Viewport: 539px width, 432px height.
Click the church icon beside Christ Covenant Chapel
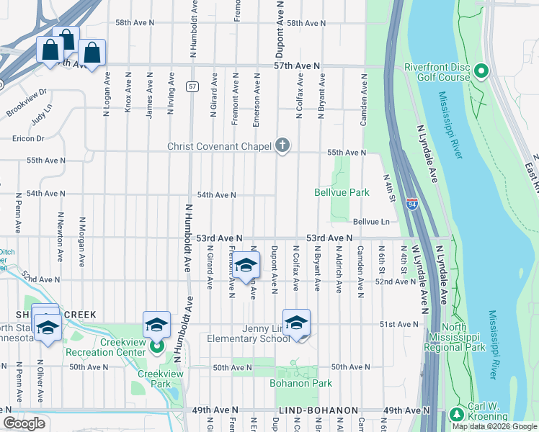tap(282, 146)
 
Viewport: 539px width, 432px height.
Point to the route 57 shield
tap(192, 86)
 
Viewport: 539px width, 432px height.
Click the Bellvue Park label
tap(342, 192)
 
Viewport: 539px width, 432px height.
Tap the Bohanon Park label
tap(300, 383)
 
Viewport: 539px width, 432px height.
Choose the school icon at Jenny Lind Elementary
tap(296, 324)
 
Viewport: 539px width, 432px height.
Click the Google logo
tap(24, 423)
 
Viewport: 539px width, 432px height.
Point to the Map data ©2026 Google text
tap(494, 426)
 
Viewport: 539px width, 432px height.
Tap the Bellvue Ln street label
tap(370, 222)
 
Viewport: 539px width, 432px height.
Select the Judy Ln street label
tap(43, 115)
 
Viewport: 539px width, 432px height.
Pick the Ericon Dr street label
tap(28, 138)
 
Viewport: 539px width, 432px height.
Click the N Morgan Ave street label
tap(82, 239)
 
